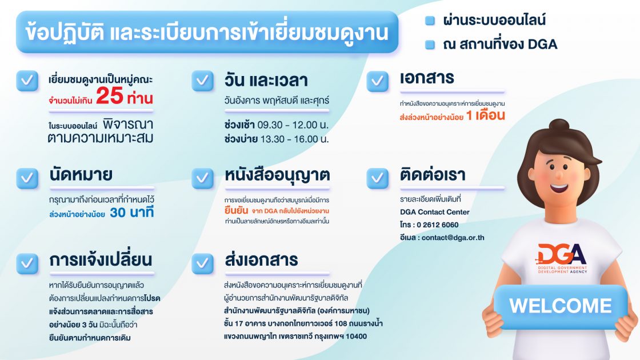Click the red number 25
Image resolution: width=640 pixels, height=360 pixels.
(109, 96)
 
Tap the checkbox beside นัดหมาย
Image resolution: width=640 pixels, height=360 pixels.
(27, 178)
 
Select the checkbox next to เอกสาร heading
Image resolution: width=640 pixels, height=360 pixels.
(378, 81)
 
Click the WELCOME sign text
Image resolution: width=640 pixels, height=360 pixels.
(561, 306)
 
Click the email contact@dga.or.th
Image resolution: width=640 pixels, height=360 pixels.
(453, 238)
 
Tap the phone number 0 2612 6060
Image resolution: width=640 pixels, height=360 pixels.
(437, 225)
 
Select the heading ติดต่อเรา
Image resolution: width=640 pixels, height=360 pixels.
(433, 175)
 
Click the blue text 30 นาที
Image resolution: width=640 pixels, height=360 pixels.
(132, 212)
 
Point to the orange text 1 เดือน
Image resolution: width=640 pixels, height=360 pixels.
(486, 115)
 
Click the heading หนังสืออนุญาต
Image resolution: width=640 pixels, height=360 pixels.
(277, 175)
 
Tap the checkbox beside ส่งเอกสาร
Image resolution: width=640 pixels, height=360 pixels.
(202, 263)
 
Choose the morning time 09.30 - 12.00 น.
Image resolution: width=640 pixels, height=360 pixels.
(293, 125)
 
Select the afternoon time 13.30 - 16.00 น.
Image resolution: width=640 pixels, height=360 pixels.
(294, 139)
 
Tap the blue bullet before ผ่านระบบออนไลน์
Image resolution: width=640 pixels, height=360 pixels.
(430, 21)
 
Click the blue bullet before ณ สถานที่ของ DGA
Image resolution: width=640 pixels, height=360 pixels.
(430, 45)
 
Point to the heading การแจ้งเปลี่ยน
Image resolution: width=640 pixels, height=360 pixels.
(101, 259)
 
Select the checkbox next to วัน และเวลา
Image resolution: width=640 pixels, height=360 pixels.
(202, 81)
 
